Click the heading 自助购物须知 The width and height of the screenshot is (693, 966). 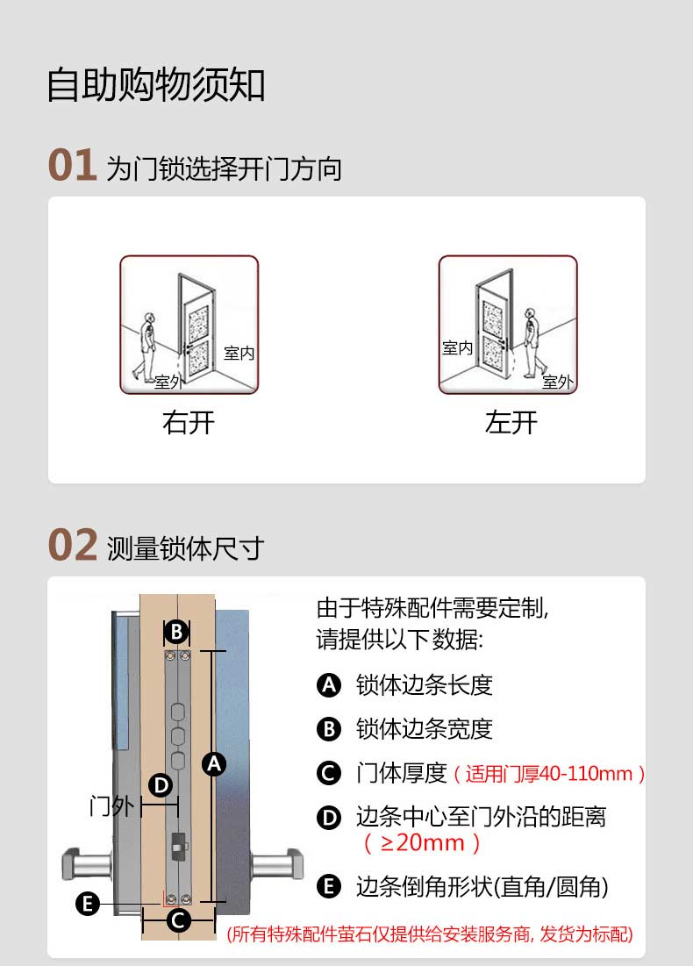156,84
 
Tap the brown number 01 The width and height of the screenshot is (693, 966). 73,165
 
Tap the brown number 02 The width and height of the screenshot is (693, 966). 73,545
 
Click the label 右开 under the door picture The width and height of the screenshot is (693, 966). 189,423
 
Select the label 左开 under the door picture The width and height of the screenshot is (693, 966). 511,423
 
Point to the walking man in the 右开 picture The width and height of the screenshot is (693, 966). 146,347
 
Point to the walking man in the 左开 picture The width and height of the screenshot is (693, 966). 533,342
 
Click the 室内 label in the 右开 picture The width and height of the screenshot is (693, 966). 239,353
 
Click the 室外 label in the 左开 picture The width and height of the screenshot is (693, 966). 558,382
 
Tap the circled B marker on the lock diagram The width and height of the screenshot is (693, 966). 177,632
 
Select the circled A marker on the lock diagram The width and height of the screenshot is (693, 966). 214,764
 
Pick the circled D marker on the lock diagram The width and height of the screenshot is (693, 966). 161,785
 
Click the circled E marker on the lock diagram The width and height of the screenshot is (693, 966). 88,904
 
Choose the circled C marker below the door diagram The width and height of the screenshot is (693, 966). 178,920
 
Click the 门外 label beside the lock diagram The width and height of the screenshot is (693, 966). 111,805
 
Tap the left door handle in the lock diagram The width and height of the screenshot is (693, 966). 87,864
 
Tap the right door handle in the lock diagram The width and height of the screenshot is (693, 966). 278,864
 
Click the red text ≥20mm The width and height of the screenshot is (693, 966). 422,843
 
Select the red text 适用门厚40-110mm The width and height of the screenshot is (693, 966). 549,774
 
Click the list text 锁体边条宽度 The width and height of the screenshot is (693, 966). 425,729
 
